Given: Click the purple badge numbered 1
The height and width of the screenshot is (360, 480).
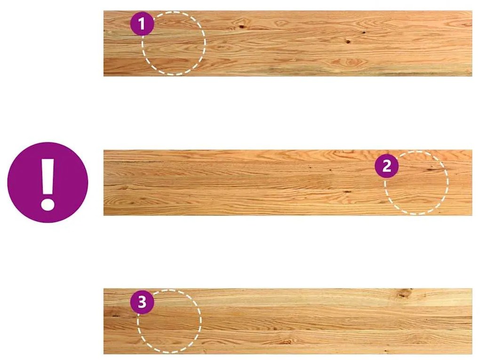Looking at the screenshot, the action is click(142, 24).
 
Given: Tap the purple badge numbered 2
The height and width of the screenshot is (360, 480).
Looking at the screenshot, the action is click(387, 166).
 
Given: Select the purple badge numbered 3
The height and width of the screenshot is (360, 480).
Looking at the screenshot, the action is click(142, 302).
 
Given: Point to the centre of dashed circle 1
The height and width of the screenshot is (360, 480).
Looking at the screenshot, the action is click(174, 43).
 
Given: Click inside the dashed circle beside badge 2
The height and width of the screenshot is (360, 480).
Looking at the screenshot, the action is click(416, 183).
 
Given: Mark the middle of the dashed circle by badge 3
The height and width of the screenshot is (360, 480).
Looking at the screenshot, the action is click(169, 321).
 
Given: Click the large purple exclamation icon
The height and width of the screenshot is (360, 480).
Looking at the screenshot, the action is click(48, 183).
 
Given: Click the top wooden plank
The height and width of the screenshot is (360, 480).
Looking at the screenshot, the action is click(288, 43).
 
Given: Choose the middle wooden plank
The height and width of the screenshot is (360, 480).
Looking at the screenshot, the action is click(288, 183).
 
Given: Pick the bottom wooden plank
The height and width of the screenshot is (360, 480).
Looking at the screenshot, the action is click(288, 321).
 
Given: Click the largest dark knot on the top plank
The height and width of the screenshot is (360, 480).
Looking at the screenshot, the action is click(242, 27).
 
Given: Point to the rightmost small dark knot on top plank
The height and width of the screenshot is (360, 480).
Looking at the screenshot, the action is click(364, 32).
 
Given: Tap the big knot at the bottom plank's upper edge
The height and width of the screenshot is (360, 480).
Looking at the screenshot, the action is click(403, 294).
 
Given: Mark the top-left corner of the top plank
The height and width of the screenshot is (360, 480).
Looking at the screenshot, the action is click(104, 11).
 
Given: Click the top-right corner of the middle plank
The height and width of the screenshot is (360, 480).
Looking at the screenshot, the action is click(472, 150).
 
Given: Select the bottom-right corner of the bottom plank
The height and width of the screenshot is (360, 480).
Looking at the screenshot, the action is click(472, 354).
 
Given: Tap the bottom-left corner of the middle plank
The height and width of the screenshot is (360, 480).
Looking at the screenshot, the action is click(104, 216).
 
